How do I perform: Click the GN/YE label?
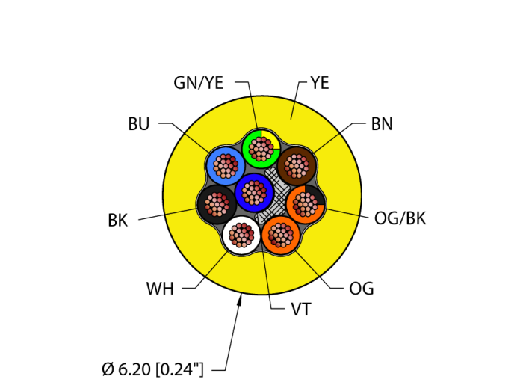[x=198, y=83]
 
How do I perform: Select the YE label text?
[x=319, y=83]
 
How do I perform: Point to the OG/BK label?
[x=400, y=218]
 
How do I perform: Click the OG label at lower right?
[x=361, y=289]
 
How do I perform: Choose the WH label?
[x=160, y=289]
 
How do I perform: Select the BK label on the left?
[x=117, y=221]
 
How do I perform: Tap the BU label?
[x=138, y=124]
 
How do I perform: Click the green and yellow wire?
[x=261, y=148]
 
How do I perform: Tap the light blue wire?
[x=224, y=165]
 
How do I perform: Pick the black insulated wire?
[x=216, y=204]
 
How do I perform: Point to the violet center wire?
[x=255, y=193]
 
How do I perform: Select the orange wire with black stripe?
[x=306, y=203]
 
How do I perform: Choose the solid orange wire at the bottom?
[x=280, y=235]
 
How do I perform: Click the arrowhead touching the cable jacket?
[x=240, y=300]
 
